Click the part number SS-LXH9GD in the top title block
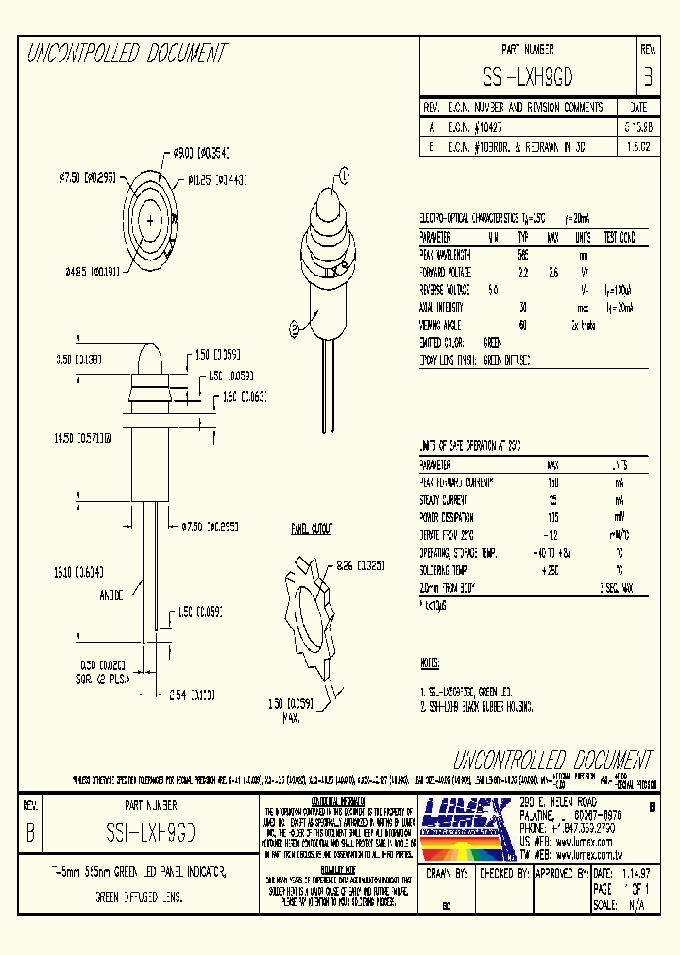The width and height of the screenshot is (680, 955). tap(528, 76)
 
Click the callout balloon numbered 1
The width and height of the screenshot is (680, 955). tap(343, 174)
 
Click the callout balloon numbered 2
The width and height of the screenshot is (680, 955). tap(295, 327)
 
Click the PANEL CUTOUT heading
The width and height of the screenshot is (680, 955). tap(311, 530)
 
